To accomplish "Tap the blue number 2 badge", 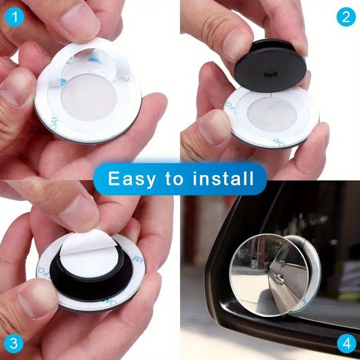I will pyautogui.click(x=345, y=17).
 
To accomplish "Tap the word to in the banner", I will pyautogui.click(x=174, y=179).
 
